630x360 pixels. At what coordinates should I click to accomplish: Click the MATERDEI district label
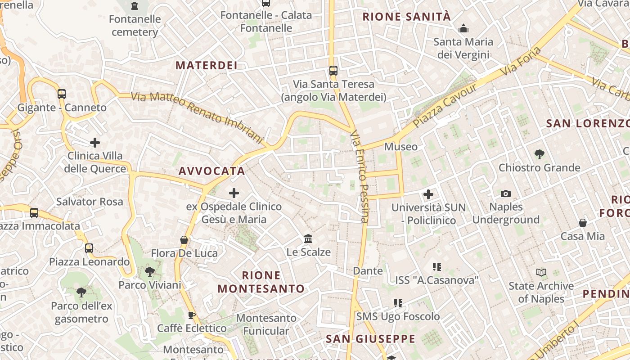[x=207, y=65]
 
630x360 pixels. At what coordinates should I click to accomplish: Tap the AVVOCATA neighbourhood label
[x=212, y=171]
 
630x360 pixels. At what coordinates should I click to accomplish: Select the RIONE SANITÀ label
[x=406, y=17]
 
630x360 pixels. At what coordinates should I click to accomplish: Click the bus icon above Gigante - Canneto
[x=62, y=94]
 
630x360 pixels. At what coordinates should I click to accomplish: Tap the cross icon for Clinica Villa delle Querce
[x=95, y=143]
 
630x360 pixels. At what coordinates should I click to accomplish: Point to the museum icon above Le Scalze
[x=308, y=238]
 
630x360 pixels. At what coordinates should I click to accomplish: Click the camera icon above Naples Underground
[x=506, y=194]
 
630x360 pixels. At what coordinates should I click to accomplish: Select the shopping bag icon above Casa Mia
[x=583, y=223]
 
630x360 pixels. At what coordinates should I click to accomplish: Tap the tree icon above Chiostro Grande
[x=539, y=154]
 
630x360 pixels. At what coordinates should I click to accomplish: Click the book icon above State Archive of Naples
[x=541, y=272]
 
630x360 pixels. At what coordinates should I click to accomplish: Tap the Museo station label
[x=400, y=147]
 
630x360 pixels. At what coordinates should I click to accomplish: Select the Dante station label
[x=368, y=271]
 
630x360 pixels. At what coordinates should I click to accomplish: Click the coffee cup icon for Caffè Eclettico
[x=192, y=315]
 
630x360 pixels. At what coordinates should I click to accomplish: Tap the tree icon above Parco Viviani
[x=149, y=272]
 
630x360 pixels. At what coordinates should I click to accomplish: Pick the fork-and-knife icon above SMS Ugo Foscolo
[x=398, y=303]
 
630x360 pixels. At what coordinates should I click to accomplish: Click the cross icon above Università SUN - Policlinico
[x=428, y=194]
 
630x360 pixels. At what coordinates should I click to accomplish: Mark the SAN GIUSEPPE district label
[x=370, y=339]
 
